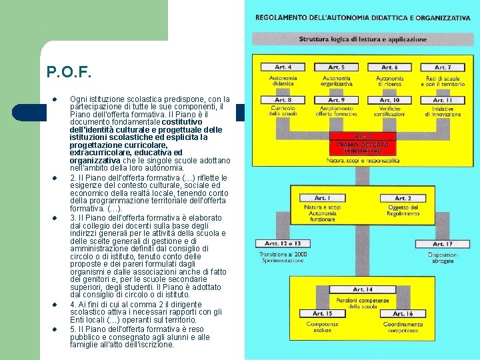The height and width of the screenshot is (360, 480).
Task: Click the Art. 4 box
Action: point(283,67)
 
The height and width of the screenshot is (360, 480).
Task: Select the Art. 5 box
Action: point(337,67)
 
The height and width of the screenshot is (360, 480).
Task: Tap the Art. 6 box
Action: point(389,67)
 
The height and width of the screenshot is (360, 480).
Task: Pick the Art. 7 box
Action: point(443,67)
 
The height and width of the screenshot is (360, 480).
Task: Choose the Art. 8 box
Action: point(283,101)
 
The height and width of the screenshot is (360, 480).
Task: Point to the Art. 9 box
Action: point(337,101)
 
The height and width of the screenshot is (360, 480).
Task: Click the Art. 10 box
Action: point(389,101)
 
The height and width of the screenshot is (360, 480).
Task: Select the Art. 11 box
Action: point(443,101)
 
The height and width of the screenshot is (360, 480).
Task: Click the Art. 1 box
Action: point(321,198)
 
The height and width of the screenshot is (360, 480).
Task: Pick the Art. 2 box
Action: point(403,198)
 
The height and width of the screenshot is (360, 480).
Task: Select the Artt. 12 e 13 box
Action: point(283,244)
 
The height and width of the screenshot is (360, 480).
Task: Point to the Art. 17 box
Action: point(443,244)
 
